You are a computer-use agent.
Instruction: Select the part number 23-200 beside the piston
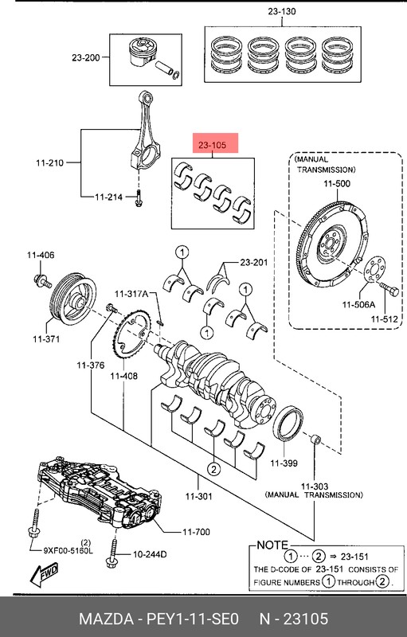coord(86,57)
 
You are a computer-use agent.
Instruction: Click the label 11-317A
coord(131,294)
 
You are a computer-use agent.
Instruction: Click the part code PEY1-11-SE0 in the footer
coord(194,619)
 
